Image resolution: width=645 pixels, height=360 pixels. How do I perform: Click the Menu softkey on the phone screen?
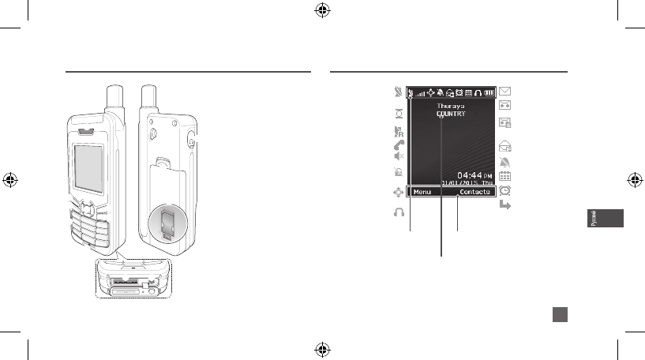click(x=422, y=192)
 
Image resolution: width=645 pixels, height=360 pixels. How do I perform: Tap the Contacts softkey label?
click(x=475, y=192)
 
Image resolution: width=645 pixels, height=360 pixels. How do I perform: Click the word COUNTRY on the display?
click(x=452, y=114)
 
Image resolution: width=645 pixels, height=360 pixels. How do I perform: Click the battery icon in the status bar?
click(x=489, y=92)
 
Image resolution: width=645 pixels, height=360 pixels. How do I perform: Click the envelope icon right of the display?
click(x=506, y=91)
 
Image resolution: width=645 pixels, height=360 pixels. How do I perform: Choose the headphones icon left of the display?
click(x=398, y=212)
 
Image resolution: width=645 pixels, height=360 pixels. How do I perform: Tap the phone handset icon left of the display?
click(x=398, y=146)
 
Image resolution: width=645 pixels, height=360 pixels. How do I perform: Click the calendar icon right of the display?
click(x=506, y=177)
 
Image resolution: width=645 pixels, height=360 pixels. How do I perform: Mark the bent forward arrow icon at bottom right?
click(x=506, y=205)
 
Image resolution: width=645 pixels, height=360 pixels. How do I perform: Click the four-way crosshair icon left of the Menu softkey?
click(x=398, y=192)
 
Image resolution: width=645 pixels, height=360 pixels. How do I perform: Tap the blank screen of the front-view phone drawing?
click(x=88, y=167)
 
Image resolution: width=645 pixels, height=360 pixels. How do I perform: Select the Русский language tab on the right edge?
click(x=602, y=219)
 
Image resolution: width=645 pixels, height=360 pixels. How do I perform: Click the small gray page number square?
click(x=559, y=314)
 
